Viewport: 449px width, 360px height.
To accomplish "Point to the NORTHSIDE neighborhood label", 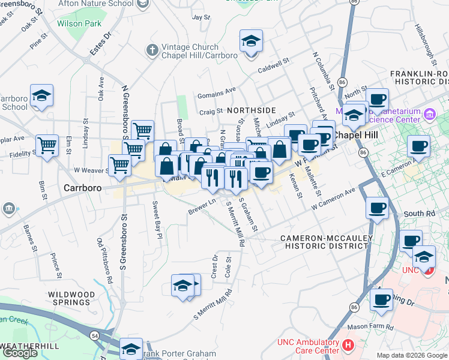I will (251, 110).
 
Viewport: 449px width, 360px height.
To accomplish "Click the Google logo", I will (20, 353).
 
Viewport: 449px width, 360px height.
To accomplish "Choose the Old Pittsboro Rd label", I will (106, 261).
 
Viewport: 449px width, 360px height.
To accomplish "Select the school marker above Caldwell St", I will (251, 42).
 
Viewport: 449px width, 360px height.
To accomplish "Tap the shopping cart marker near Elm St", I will (47, 145).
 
